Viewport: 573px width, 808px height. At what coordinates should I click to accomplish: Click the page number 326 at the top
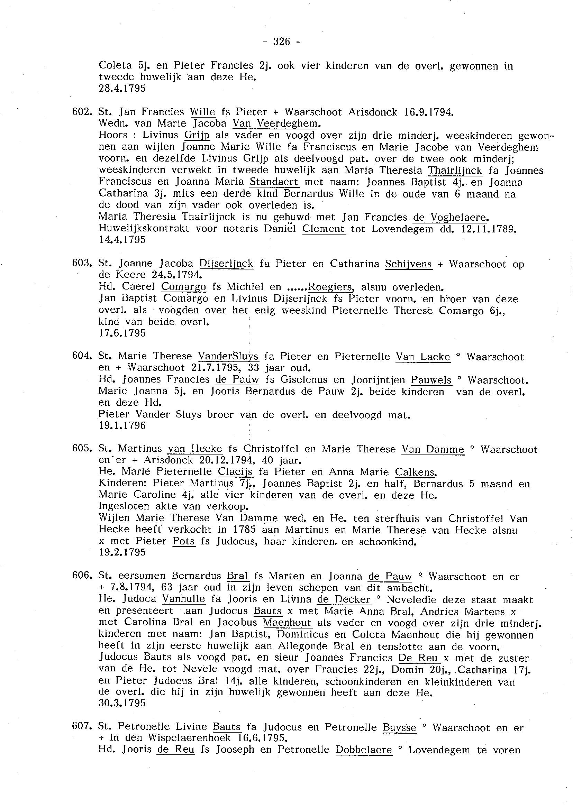282,42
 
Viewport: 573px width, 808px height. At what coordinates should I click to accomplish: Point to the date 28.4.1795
122,89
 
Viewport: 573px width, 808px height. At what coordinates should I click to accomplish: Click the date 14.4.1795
122,240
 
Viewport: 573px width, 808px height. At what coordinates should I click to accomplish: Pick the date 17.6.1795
122,333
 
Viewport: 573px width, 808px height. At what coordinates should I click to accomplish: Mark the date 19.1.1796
122,425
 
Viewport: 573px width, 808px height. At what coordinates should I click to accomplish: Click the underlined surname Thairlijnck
455,171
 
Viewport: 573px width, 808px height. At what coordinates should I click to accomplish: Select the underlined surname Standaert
274,182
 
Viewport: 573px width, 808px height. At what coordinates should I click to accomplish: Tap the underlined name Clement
324,229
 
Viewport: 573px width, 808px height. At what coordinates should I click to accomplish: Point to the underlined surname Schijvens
409,264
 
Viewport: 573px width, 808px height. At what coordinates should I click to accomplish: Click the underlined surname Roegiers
330,287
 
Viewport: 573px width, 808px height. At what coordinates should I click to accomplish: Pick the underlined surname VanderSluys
228,356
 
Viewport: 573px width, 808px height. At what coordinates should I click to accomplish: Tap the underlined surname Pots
183,541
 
